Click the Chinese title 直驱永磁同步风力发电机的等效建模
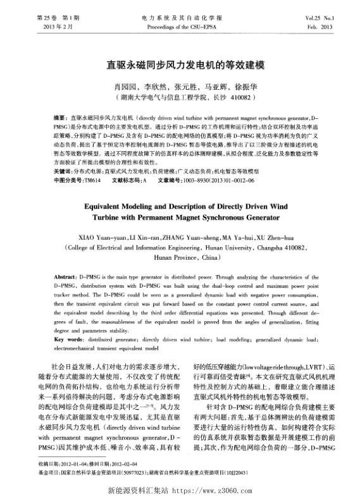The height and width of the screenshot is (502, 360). (x=180, y=65)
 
